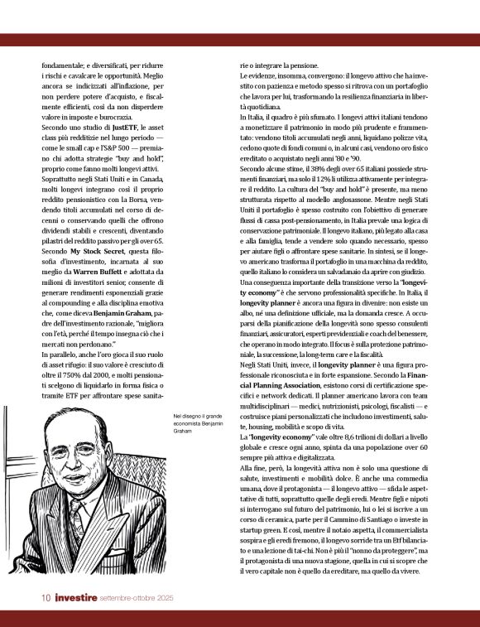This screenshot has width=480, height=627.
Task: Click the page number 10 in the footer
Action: coord(49,597)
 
